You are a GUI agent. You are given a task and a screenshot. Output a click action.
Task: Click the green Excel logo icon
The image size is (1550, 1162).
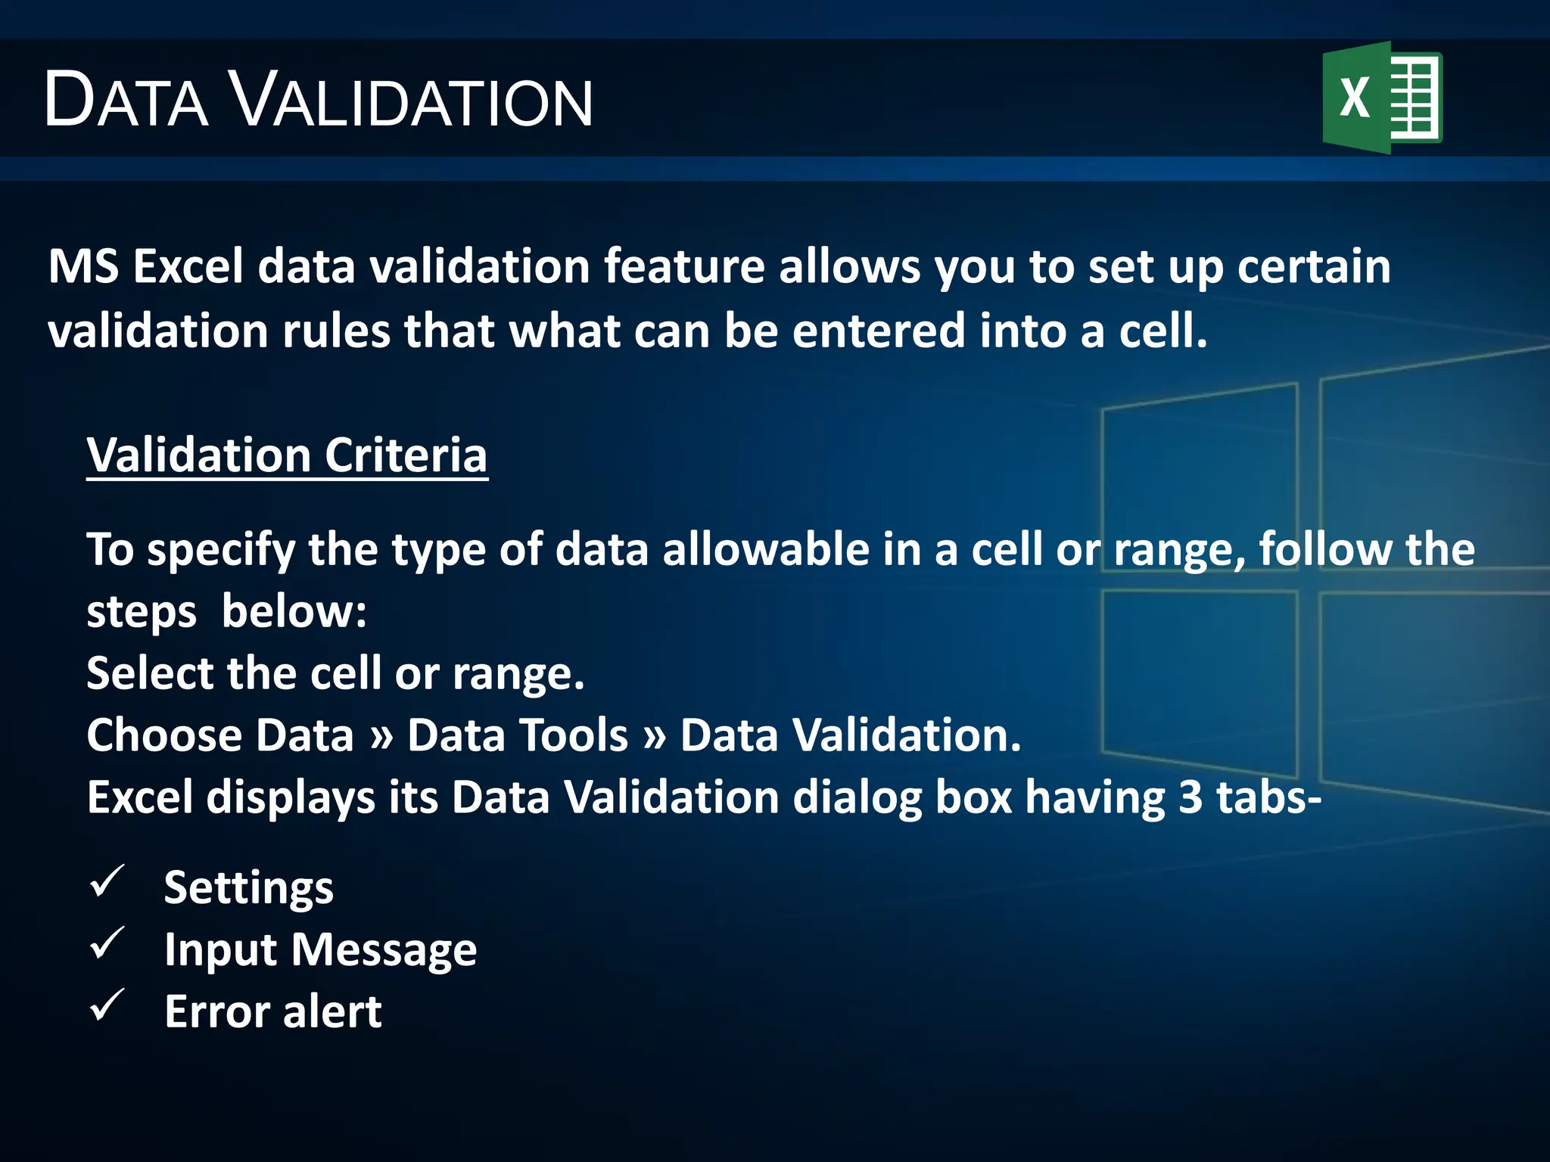(x=1382, y=98)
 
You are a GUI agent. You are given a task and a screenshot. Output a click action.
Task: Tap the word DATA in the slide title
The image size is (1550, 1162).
(x=126, y=101)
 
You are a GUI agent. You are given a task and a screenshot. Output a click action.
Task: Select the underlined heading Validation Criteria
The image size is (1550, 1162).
(x=287, y=455)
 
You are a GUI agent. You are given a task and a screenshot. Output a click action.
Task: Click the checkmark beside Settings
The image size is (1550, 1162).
(x=107, y=882)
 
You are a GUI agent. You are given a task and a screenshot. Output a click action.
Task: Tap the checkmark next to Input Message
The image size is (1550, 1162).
(x=107, y=944)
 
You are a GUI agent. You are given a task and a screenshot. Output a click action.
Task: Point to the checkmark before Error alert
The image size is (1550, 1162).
(x=107, y=1006)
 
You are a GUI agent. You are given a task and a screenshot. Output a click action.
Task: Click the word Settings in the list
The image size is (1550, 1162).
(x=248, y=888)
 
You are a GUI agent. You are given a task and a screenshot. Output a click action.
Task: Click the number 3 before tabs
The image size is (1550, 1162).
(x=1191, y=797)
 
